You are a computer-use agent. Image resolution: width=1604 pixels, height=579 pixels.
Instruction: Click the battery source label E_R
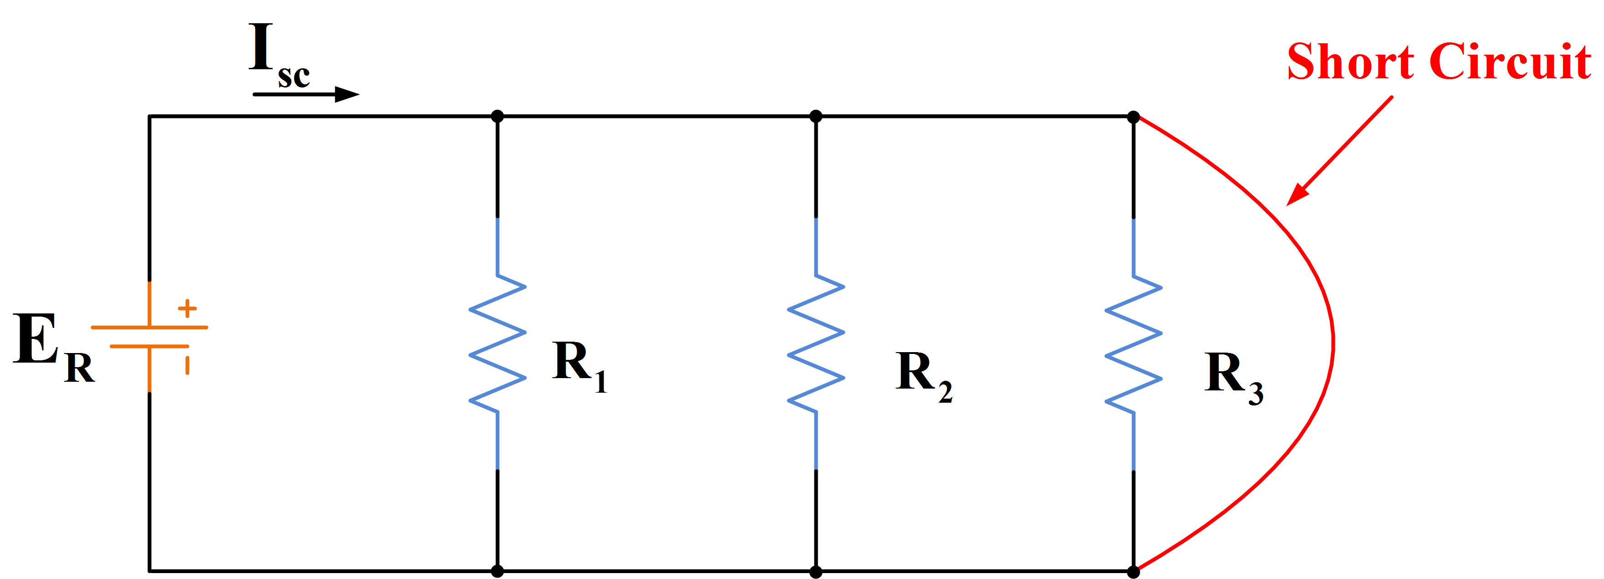[53, 346]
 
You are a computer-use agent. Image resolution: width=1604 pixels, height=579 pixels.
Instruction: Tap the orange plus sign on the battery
[187, 308]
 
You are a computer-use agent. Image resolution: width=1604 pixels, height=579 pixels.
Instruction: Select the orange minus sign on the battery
[187, 365]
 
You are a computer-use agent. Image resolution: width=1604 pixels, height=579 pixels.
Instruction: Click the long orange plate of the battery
[149, 327]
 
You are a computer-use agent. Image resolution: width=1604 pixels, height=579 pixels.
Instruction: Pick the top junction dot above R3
[1133, 117]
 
